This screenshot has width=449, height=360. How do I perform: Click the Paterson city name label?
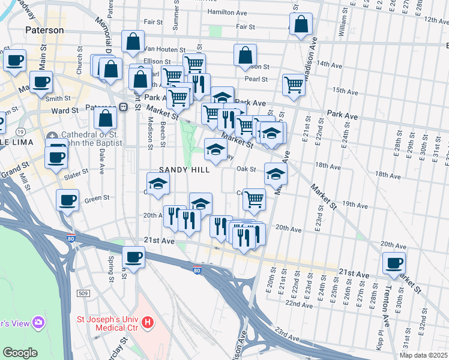coord(44,29)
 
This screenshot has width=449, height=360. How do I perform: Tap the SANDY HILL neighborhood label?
coord(184,170)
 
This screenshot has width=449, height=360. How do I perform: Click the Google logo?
coord(19,353)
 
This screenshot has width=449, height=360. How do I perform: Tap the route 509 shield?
coord(83,293)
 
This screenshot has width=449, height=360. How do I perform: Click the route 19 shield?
coord(21,131)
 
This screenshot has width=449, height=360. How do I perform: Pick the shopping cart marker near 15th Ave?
coord(294,85)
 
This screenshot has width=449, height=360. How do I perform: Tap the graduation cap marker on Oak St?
coord(276,173)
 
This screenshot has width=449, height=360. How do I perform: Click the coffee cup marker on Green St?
coord(67,199)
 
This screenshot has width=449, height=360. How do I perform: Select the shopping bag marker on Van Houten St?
coord(133,41)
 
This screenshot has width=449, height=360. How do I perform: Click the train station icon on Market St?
coord(123,107)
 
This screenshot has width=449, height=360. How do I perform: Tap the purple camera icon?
coord(39,323)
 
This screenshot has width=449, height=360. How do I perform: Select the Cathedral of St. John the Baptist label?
coord(84,139)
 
